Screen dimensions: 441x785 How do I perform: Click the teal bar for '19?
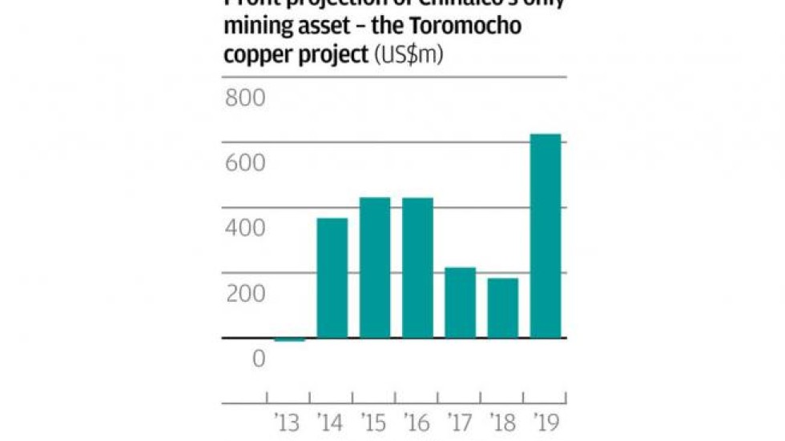[x=545, y=236]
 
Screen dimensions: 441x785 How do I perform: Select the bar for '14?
[x=332, y=278]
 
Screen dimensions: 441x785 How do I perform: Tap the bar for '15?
[x=375, y=267]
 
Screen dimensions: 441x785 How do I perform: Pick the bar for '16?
[x=417, y=267]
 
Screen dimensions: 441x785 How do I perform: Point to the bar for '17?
[x=460, y=303]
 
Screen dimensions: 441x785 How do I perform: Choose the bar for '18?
[x=503, y=308]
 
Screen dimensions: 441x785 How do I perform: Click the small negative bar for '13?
[x=290, y=340]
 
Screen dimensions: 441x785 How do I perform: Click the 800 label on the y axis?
[x=244, y=98]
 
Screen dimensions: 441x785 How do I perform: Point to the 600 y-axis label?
[x=244, y=163]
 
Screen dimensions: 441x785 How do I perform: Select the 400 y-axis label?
[x=244, y=229]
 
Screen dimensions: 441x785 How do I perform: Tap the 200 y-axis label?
[x=244, y=295]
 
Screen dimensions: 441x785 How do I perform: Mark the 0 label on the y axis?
[x=258, y=359]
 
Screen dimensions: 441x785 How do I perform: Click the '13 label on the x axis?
[x=288, y=422]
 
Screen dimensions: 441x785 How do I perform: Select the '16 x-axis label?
[x=417, y=422]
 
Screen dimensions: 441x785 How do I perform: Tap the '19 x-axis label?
[x=545, y=422]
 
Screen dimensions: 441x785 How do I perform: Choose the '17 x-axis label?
[x=460, y=422]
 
